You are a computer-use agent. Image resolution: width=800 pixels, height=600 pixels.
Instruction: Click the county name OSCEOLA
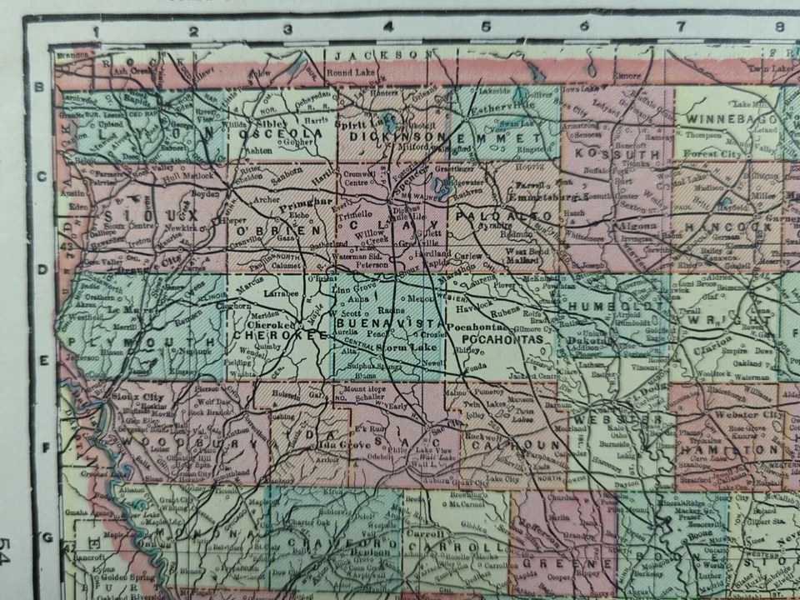point(270,135)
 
